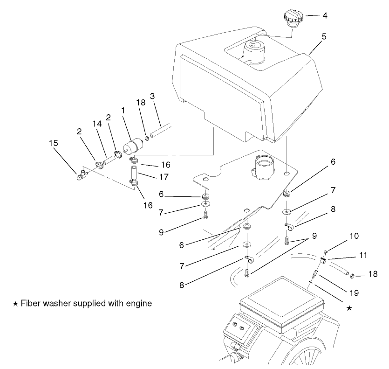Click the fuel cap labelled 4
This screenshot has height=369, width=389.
pyautogui.click(x=293, y=20)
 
